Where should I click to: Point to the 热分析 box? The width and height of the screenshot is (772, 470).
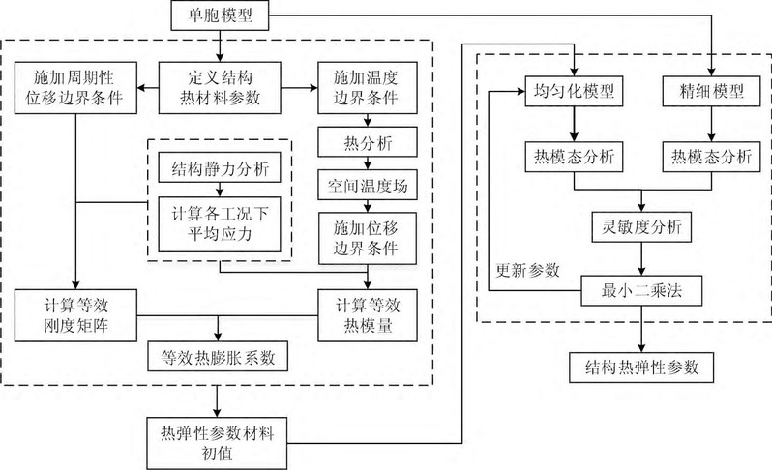coord(364,143)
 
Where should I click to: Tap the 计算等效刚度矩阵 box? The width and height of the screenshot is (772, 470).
coord(75,313)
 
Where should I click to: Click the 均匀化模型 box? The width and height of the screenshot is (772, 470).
coord(575,93)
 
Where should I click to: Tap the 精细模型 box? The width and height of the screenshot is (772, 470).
coord(711,93)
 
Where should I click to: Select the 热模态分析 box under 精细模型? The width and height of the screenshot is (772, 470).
coord(711,155)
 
